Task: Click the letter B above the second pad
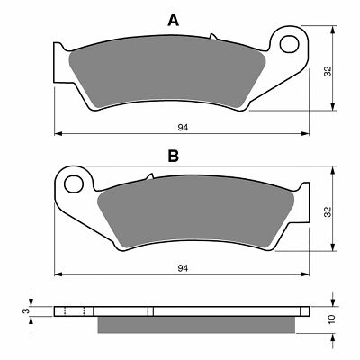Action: (x=173, y=156)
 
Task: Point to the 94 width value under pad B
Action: (x=183, y=268)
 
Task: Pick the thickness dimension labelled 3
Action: (x=26, y=311)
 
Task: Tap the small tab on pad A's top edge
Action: (x=213, y=38)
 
